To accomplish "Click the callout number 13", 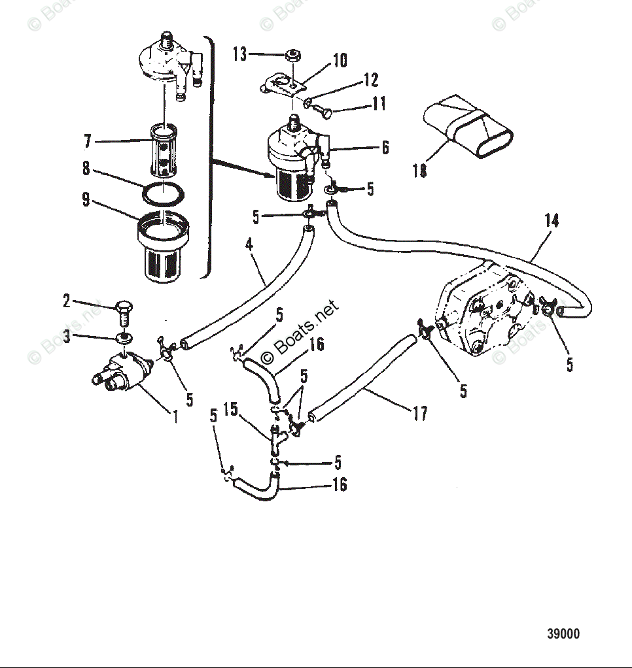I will [x=240, y=54].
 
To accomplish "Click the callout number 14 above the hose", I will [x=552, y=220].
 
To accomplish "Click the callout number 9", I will [x=86, y=199].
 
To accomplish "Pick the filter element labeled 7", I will [x=161, y=150].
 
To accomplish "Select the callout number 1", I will [x=175, y=416].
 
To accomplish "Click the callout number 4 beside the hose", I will [x=249, y=245].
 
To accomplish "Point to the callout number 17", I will [x=419, y=413].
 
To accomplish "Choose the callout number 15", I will [x=230, y=410].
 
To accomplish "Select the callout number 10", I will [x=340, y=61].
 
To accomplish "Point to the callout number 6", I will [x=385, y=148].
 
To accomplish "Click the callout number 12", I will [x=370, y=80].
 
